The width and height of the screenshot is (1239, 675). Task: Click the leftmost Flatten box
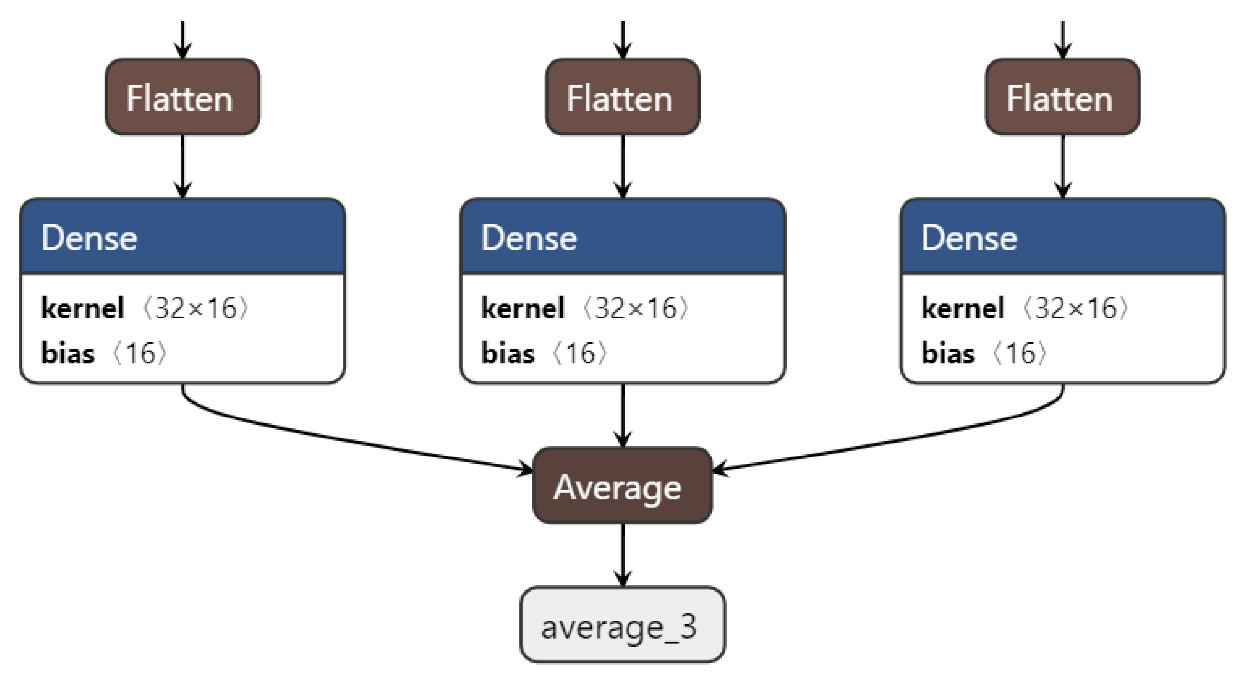[182, 97]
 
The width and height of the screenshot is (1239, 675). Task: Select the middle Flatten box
[622, 97]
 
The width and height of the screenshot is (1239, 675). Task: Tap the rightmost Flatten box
[1062, 97]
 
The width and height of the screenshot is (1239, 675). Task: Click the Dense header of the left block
[182, 237]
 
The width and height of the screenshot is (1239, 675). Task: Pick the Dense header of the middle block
[622, 237]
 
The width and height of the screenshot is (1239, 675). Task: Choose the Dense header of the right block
[1062, 237]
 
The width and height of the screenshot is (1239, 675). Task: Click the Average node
[622, 486]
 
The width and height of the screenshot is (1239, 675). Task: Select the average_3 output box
[622, 625]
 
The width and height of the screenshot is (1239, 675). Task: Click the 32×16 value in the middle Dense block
[636, 308]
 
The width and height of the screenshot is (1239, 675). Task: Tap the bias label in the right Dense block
[947, 353]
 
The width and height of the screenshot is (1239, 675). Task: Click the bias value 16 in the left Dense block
[140, 353]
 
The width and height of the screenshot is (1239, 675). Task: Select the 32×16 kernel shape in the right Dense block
[1075, 308]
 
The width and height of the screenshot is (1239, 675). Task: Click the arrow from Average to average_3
[623, 554]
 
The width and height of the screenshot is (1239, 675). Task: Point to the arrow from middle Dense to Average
[623, 415]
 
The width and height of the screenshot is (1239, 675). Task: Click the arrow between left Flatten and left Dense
[182, 166]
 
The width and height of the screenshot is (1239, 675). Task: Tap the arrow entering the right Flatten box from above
[1062, 39]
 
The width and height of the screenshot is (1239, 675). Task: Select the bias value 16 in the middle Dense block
[580, 353]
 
